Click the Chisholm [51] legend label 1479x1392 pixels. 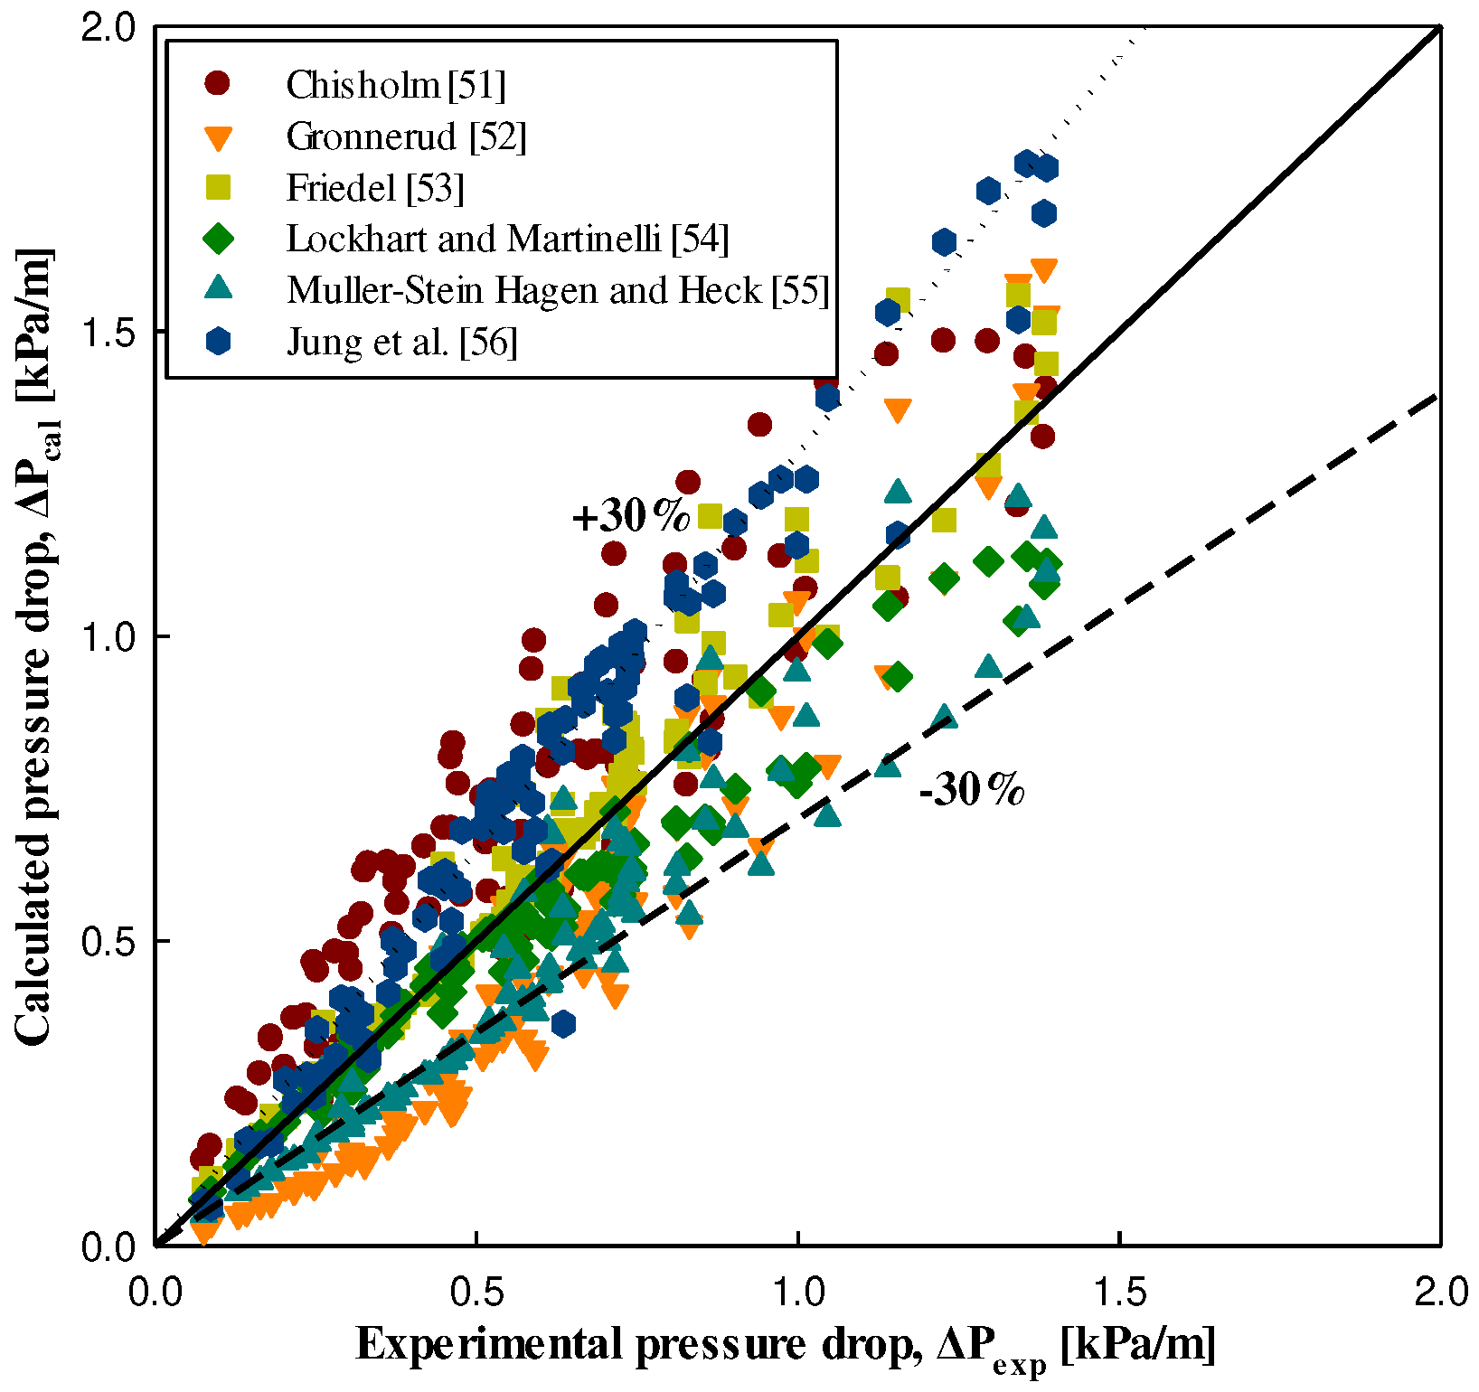(x=395, y=85)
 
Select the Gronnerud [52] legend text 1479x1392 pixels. (x=406, y=136)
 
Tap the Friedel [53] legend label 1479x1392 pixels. (x=374, y=188)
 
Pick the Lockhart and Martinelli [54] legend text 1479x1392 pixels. (x=507, y=239)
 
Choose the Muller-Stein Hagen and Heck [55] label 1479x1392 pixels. (x=557, y=290)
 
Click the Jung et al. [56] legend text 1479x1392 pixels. (x=401, y=342)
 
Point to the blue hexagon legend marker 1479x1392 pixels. (x=218, y=341)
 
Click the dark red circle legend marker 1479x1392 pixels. (x=218, y=83)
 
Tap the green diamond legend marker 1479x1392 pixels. (x=218, y=239)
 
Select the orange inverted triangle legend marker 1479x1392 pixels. (x=218, y=138)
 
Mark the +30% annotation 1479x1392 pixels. (x=631, y=516)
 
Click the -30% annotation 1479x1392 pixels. (x=972, y=790)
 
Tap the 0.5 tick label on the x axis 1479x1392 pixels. (x=476, y=1292)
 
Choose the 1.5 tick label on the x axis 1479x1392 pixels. (x=1119, y=1292)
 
